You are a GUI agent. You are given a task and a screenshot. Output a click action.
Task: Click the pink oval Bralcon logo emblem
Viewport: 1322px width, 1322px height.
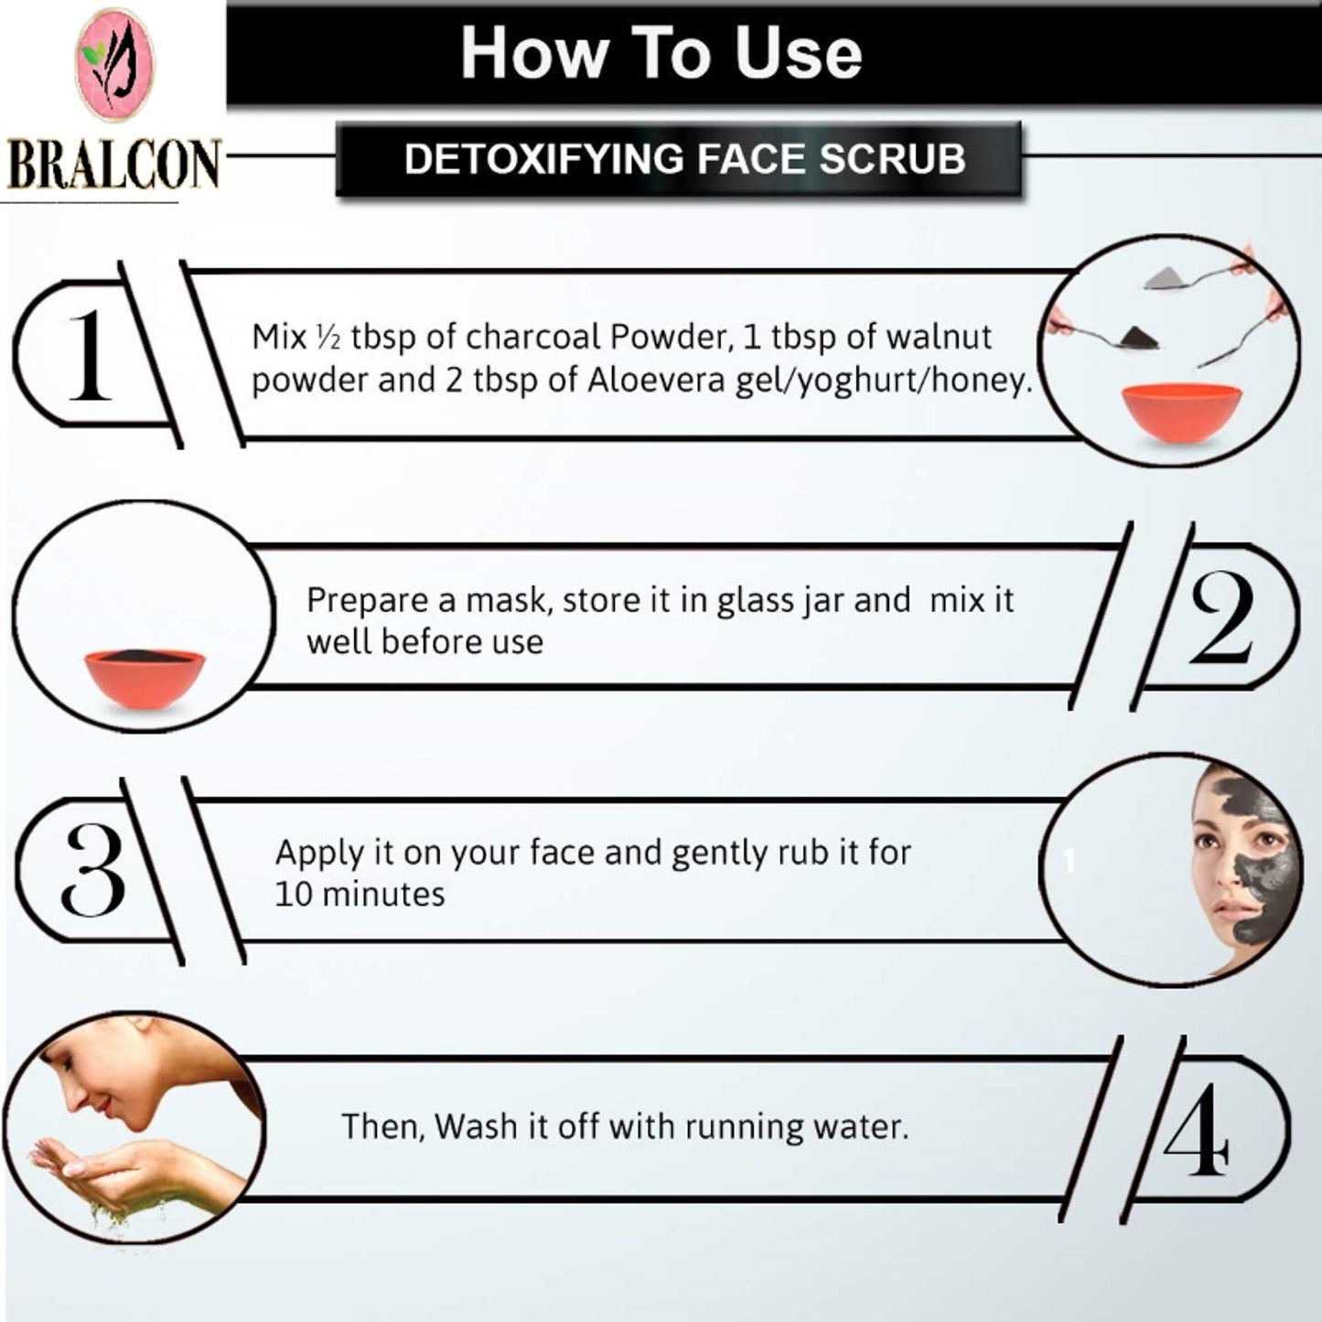coord(114,64)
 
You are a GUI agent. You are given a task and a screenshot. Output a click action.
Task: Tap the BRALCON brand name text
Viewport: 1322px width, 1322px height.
coord(113,165)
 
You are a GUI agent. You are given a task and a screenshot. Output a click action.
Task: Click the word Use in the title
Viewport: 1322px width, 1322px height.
coord(799,53)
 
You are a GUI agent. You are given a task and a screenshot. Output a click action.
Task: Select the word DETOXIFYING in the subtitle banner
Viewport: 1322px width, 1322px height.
coord(544,158)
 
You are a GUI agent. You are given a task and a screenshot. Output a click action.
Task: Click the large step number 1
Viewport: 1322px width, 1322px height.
coord(90,355)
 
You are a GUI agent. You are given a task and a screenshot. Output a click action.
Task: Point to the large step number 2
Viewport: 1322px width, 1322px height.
coord(1221,618)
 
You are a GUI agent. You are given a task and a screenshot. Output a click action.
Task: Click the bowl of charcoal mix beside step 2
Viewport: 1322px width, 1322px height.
coord(145,679)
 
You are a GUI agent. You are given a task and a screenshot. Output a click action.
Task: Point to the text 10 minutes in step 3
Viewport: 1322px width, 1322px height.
coord(360,895)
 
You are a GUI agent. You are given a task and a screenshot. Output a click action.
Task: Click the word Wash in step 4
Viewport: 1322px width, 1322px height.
coord(476,1126)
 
